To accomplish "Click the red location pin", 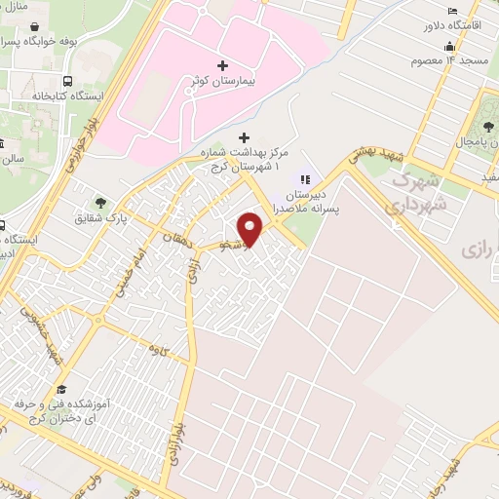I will pyautogui.click(x=251, y=229).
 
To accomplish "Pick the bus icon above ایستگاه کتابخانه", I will pyautogui.click(x=66, y=82).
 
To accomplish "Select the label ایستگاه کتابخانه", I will pyautogui.click(x=40, y=96).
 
